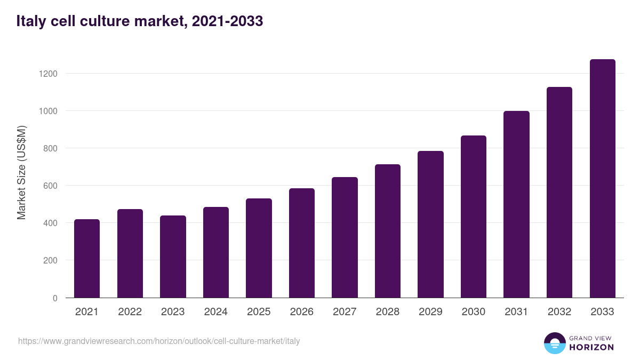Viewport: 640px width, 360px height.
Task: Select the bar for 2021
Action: click(87, 259)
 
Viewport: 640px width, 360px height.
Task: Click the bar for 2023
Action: click(173, 257)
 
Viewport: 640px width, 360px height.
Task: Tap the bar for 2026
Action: click(301, 243)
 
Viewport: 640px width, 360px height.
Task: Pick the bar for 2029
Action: click(430, 225)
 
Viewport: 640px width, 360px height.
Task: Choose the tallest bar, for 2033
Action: click(602, 179)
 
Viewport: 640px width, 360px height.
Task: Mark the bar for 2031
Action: click(516, 204)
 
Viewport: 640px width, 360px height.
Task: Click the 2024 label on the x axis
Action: click(215, 312)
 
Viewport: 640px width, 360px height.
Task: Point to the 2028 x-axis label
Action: click(387, 312)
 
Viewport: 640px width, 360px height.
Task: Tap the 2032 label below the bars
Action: click(559, 312)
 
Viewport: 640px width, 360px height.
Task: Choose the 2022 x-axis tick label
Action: click(130, 312)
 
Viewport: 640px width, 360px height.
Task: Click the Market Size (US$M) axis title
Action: click(21, 172)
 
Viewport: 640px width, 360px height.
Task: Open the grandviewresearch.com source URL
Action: click(159, 341)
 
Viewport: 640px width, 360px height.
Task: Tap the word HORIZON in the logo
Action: click(591, 347)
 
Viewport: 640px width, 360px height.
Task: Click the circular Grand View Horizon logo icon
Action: click(555, 343)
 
